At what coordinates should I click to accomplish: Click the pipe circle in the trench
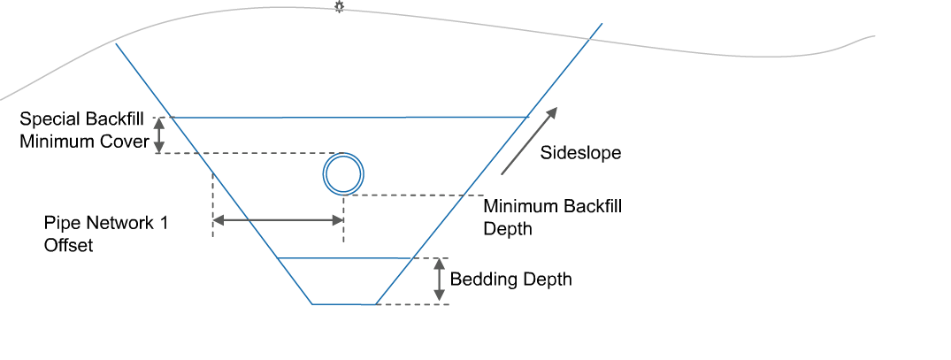click(x=341, y=173)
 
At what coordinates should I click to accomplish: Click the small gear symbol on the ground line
click(x=338, y=7)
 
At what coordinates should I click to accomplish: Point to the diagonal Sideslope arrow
click(x=529, y=140)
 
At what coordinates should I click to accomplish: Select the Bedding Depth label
click(x=511, y=280)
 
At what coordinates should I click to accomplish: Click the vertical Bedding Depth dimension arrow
click(x=438, y=280)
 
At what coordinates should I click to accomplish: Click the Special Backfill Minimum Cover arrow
click(x=159, y=135)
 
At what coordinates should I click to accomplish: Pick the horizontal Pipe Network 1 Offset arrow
click(x=278, y=221)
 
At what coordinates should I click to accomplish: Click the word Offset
click(x=68, y=246)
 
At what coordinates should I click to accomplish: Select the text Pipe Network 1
click(x=106, y=224)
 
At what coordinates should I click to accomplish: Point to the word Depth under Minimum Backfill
click(x=508, y=228)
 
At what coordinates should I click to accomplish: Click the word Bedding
click(x=481, y=280)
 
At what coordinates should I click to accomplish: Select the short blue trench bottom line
click(x=344, y=304)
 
